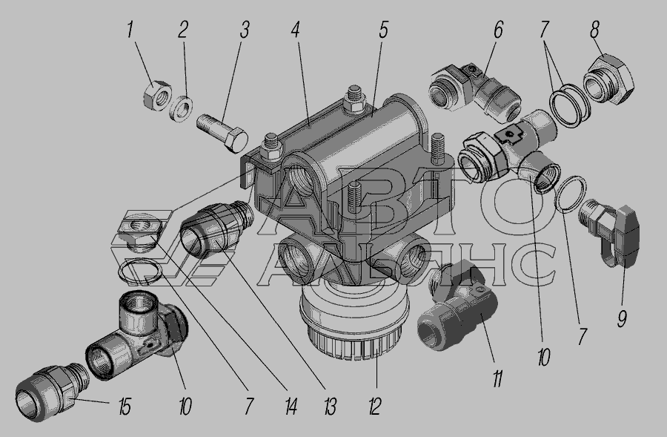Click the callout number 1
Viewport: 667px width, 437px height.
(x=130, y=30)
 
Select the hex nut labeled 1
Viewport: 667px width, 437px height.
(x=157, y=96)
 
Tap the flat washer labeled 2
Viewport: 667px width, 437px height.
(x=181, y=108)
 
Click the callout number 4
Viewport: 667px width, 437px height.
(x=296, y=30)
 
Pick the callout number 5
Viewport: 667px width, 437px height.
(x=383, y=30)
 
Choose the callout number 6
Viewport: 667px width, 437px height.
(x=498, y=30)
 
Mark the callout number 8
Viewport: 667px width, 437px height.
(x=595, y=30)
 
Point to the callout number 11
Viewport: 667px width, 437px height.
(x=498, y=378)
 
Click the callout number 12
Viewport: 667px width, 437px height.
(x=374, y=407)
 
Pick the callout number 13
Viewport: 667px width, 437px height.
(x=330, y=407)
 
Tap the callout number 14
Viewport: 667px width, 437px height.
(x=291, y=407)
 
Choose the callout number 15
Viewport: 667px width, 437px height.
(x=125, y=407)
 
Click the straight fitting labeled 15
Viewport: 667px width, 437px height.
(x=51, y=392)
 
